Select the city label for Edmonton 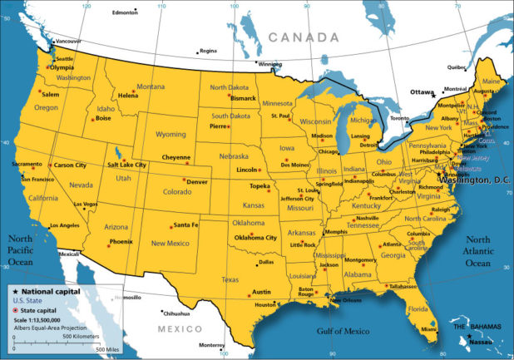(124, 12)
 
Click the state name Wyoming (171, 134)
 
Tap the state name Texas (230, 279)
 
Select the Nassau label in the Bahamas (482, 341)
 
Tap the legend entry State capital (42, 308)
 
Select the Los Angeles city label (64, 226)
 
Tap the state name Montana (151, 86)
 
